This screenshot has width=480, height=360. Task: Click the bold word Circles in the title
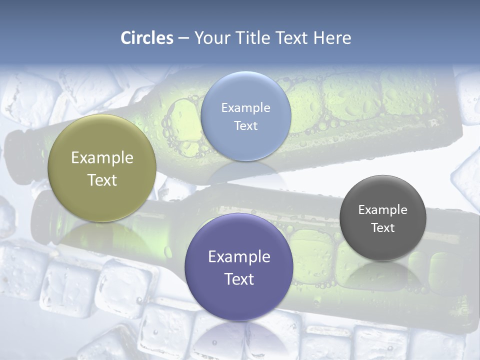[x=147, y=38]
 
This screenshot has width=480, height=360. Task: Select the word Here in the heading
[x=332, y=38]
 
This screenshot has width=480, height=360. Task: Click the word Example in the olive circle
[x=102, y=158]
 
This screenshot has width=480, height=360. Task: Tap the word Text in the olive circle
[x=102, y=180]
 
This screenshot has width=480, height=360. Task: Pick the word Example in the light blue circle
[x=245, y=107]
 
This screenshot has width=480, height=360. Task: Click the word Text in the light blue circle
[x=245, y=125]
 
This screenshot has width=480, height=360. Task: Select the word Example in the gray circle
[x=383, y=209]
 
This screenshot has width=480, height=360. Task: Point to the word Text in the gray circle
[x=383, y=227]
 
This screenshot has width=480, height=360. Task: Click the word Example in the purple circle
[x=239, y=256]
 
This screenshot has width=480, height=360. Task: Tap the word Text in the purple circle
[x=239, y=279]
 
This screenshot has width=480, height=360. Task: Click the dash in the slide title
[x=183, y=38]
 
